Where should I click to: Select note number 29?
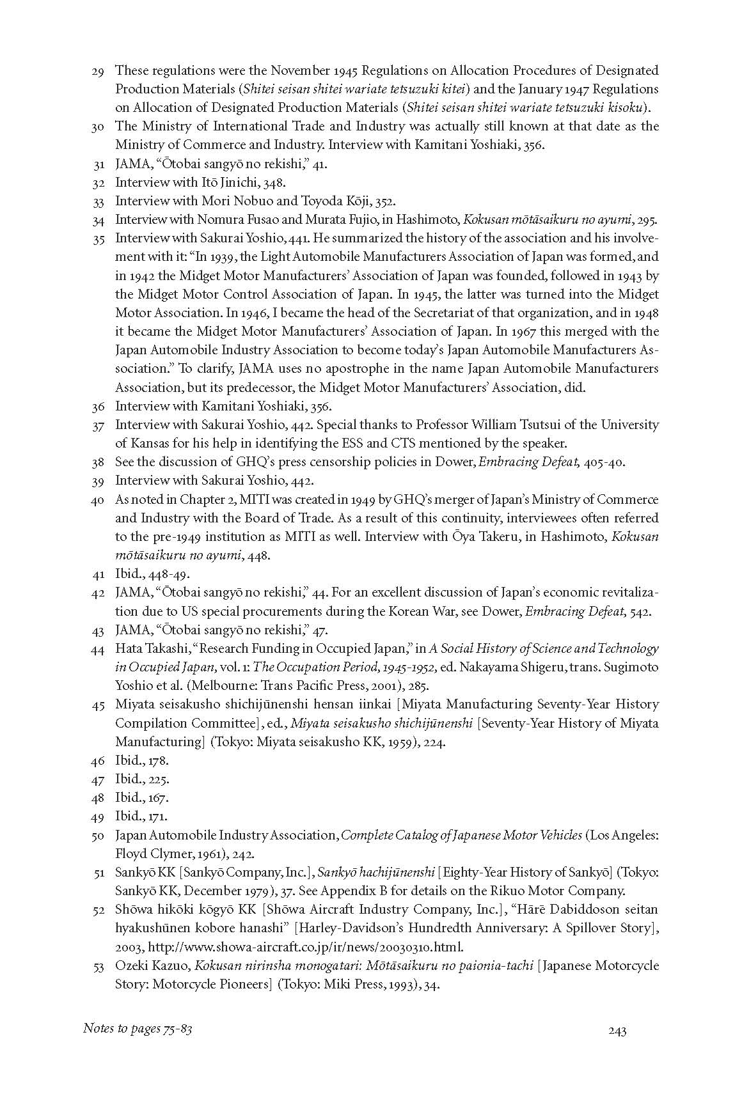coord(98,71)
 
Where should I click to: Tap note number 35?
coord(98,238)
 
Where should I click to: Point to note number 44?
coord(98,649)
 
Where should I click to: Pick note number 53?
coord(98,966)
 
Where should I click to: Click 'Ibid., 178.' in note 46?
coord(142,761)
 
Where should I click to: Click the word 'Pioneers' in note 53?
coord(246,985)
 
